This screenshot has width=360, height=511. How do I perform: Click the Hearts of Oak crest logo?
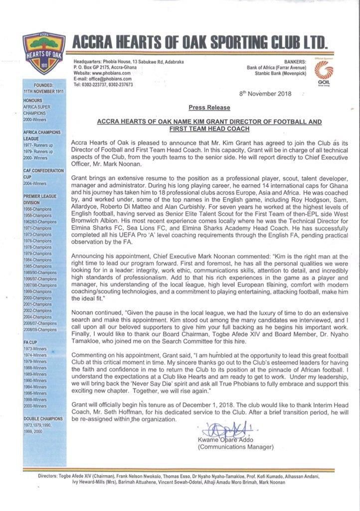[41, 52]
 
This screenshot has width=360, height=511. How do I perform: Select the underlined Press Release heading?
[209, 107]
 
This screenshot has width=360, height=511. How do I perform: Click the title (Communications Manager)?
[236, 447]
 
